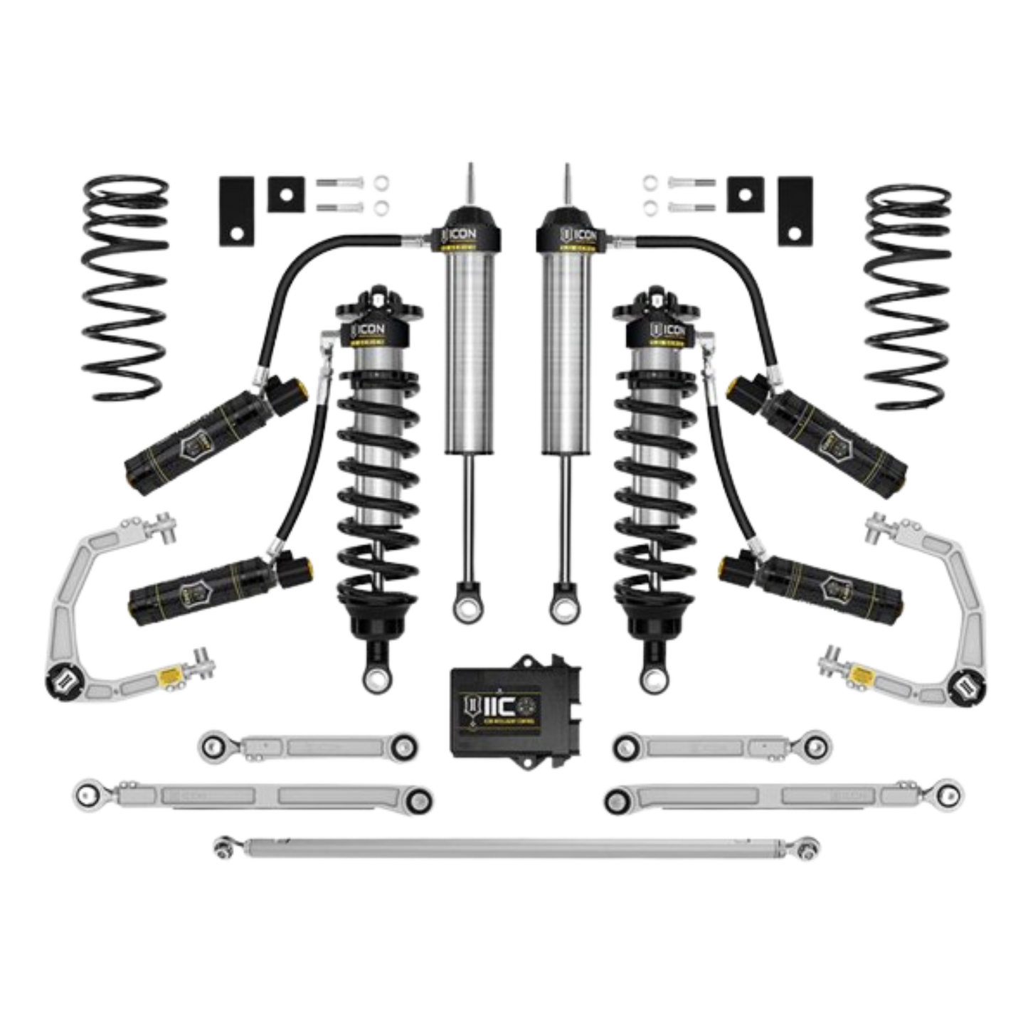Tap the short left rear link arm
306,747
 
